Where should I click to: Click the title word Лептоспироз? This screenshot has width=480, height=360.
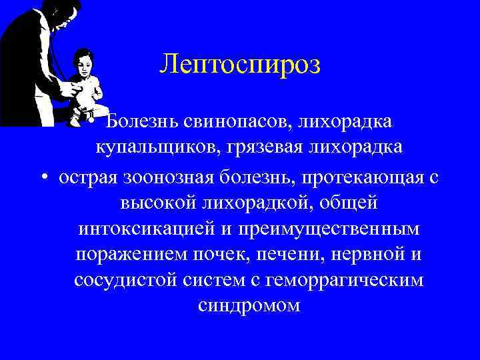(240, 65)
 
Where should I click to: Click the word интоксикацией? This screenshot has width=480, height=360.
(147, 228)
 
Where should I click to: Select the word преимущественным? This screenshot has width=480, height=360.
(327, 228)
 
